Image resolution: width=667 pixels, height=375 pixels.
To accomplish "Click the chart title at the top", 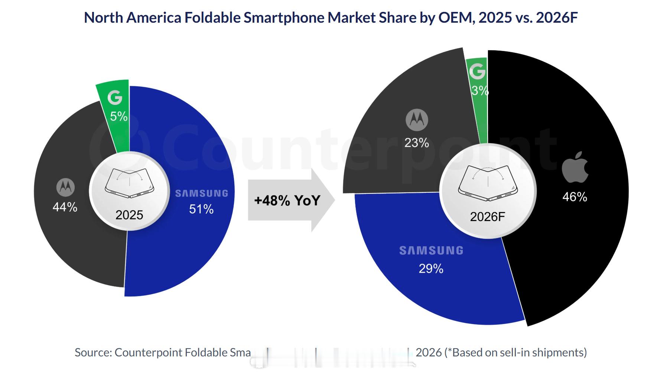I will [331, 17].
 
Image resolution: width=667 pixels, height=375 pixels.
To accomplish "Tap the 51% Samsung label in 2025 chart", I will [201, 209].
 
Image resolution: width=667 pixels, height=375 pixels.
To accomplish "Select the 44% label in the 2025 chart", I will [65, 207].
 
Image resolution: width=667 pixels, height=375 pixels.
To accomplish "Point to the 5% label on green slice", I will [119, 116].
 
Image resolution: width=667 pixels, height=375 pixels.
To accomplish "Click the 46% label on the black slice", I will [575, 197].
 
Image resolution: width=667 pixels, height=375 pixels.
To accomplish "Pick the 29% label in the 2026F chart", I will [431, 269].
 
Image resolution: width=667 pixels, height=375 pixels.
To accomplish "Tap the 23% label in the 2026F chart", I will [417, 142].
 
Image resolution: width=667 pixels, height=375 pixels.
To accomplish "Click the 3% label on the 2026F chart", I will [479, 90].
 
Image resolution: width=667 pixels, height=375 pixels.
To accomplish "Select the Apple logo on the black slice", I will [575, 167].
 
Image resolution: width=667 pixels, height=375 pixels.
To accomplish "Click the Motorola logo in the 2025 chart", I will [65, 187].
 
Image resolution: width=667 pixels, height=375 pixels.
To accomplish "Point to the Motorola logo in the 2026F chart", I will [417, 120].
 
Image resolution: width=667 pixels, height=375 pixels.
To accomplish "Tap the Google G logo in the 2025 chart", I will [115, 97].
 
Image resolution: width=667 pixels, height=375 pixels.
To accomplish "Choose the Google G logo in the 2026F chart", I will [477, 71].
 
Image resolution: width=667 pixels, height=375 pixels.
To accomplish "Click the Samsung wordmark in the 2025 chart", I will [202, 193].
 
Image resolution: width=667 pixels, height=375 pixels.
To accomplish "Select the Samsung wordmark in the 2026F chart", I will [431, 251].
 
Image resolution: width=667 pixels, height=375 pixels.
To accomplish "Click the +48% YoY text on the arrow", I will [287, 201].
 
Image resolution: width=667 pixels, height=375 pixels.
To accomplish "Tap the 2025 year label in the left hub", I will [129, 215].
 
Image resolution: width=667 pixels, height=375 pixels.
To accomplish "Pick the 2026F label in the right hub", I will [487, 217].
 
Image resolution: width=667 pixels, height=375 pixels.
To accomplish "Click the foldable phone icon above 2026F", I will [488, 183].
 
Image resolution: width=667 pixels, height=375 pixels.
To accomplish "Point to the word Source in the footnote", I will [93, 352].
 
